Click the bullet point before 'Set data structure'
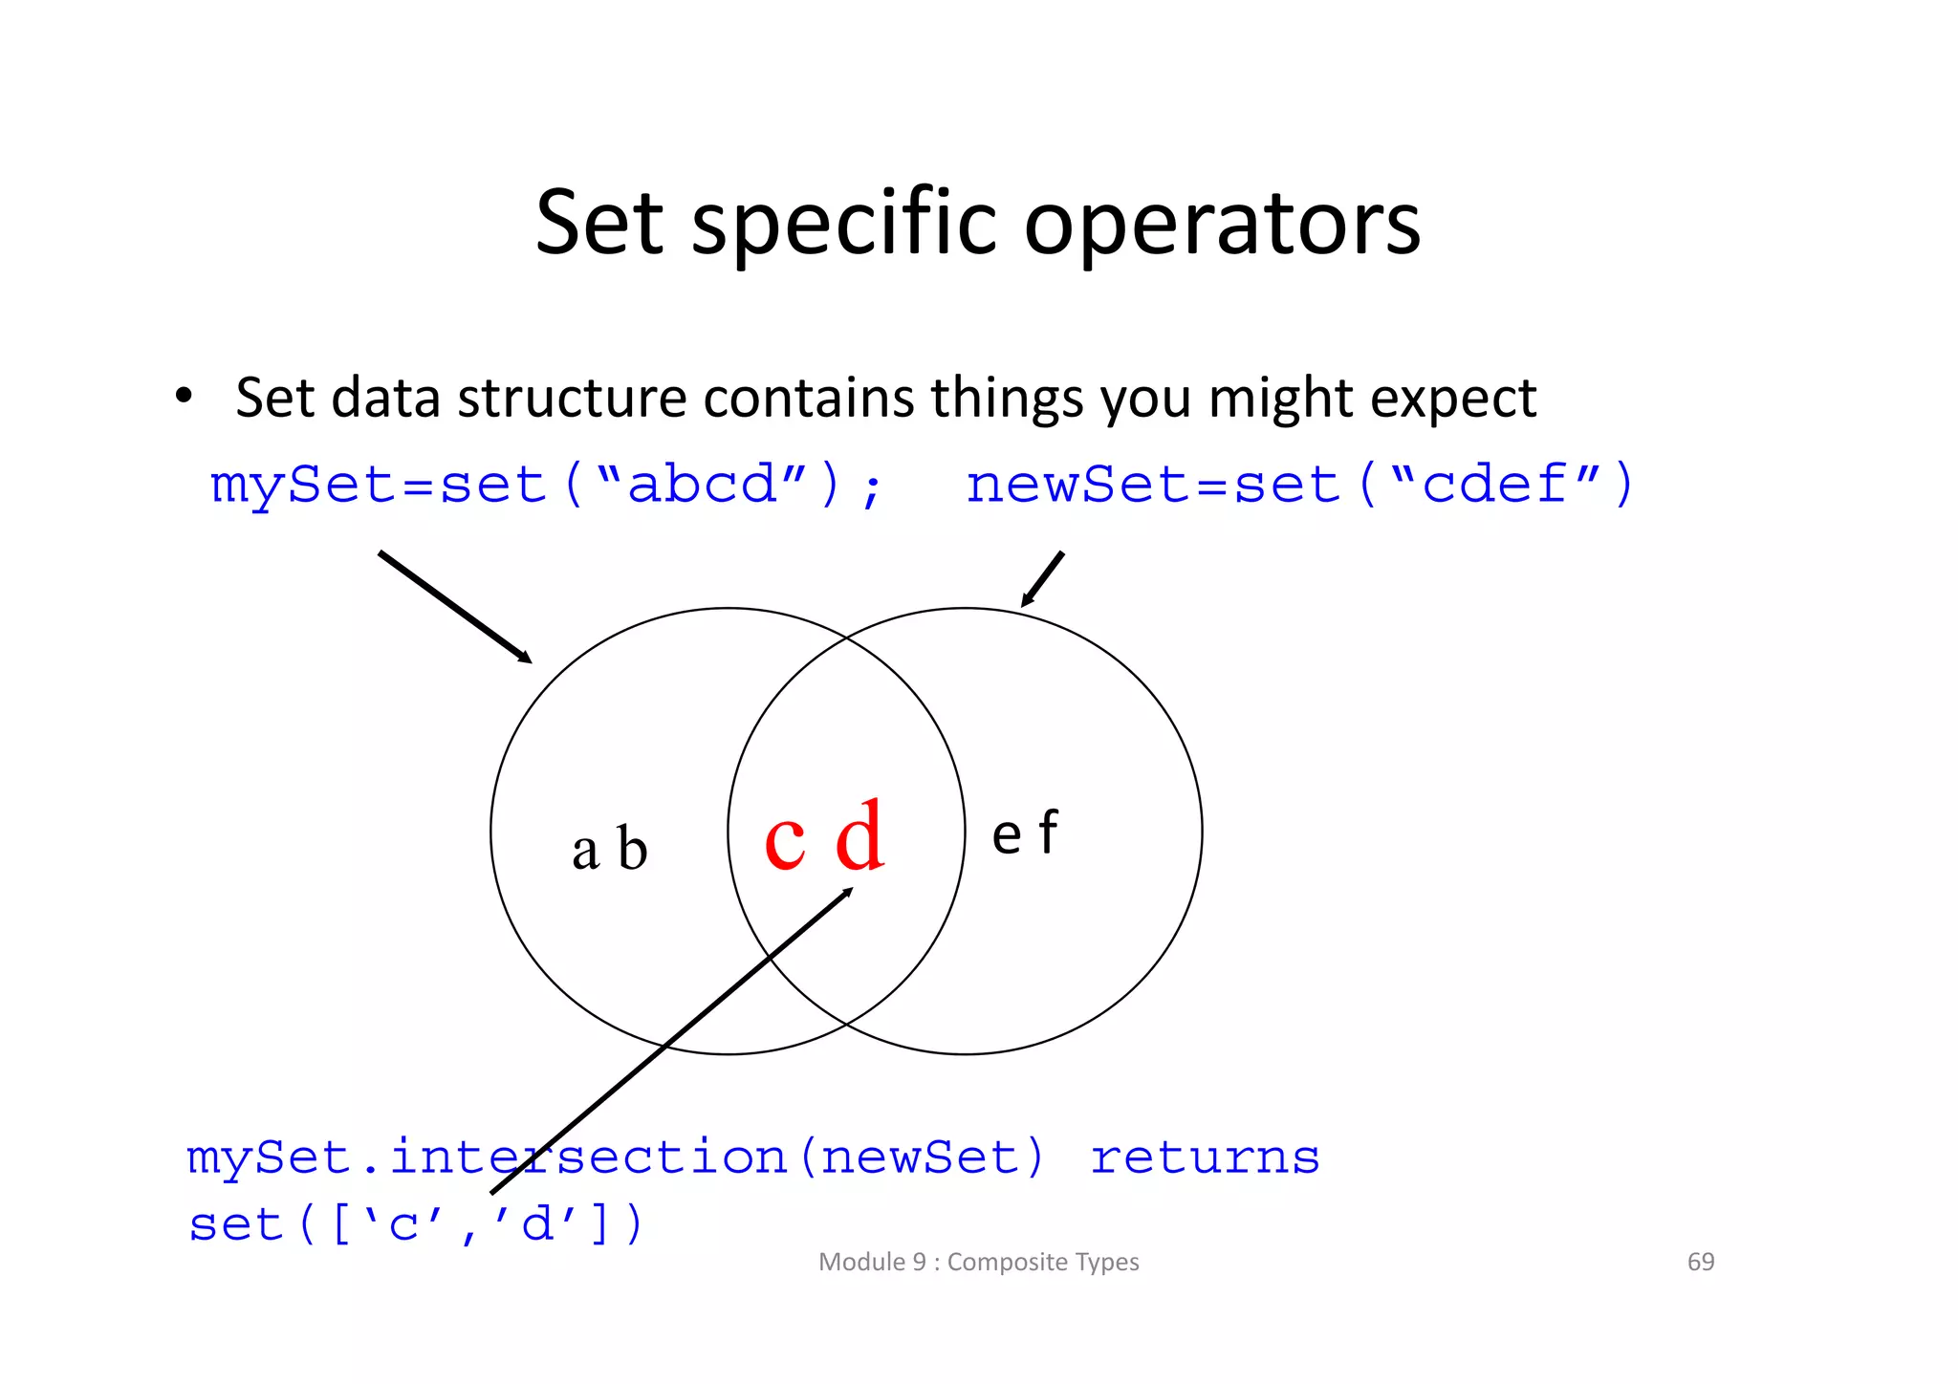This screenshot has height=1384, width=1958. (184, 396)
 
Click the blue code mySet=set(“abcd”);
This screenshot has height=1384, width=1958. (546, 485)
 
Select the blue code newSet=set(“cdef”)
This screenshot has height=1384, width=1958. (1300, 485)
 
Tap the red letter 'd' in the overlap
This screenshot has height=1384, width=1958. (859, 836)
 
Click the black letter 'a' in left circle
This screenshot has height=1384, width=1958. (585, 852)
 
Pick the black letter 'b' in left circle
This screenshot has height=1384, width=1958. (632, 847)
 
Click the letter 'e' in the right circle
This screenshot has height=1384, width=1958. (1007, 836)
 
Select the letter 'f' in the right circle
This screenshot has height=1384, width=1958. (1049, 832)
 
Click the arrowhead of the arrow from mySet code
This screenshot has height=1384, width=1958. (525, 658)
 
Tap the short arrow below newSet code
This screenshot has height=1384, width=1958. (1041, 579)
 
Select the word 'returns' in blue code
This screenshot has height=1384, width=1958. (1205, 1158)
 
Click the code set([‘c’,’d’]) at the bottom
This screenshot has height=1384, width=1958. (417, 1225)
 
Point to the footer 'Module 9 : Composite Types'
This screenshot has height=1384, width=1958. (978, 1262)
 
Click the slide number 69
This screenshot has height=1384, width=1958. (1700, 1262)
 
